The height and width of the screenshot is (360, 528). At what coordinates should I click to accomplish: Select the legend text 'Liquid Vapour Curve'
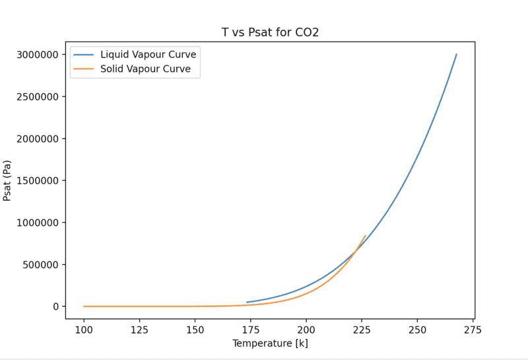pyautogui.click(x=148, y=54)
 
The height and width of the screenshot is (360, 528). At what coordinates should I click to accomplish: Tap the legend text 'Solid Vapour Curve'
pyautogui.click(x=145, y=69)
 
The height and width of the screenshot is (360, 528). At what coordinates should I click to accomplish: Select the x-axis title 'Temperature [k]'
pyautogui.click(x=270, y=344)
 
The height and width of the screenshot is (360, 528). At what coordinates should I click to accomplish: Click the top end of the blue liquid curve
pyautogui.click(x=456, y=54)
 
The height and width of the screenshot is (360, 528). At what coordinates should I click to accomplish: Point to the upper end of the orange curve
pyautogui.click(x=366, y=236)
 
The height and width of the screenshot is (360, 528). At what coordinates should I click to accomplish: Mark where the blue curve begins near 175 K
pyautogui.click(x=247, y=303)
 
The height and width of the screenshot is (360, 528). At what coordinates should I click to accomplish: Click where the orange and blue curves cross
pyautogui.click(x=357, y=248)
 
